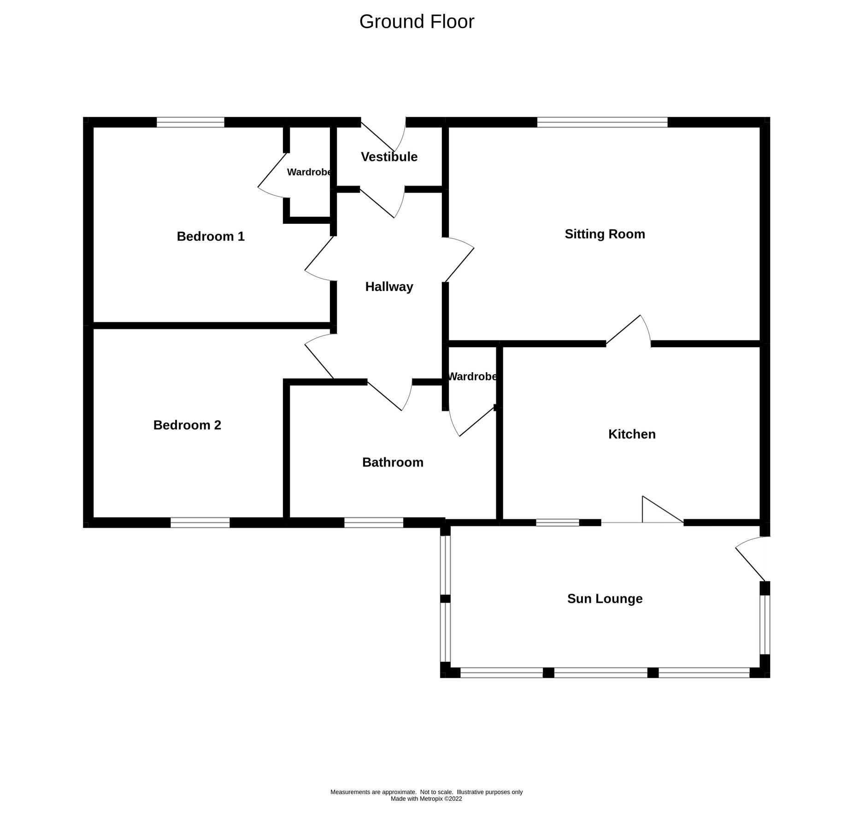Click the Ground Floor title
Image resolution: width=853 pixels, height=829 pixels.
pos(416,22)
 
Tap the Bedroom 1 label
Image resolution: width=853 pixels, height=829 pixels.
pos(211,236)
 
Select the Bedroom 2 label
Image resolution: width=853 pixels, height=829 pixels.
pos(187,425)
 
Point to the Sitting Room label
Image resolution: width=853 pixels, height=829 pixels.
pos(605,234)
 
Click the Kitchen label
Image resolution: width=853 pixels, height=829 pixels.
pos(631,434)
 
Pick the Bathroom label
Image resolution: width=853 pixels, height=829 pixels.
pos(393,462)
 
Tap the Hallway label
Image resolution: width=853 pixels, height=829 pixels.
pos(389,286)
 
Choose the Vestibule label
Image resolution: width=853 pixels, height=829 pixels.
pos(389,157)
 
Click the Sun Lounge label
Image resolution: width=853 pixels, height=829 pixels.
pos(605,598)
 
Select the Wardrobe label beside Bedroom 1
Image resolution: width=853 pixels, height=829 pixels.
pos(309,172)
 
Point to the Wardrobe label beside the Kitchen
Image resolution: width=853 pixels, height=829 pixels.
pos(472,376)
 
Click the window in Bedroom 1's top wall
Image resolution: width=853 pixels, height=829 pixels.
pos(190,122)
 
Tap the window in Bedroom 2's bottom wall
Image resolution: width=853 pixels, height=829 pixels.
pos(200,522)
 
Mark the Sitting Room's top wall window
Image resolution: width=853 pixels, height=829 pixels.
pos(602,122)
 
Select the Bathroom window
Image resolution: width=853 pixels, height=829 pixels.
pos(374,522)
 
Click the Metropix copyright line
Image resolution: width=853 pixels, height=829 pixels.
pos(426,799)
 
